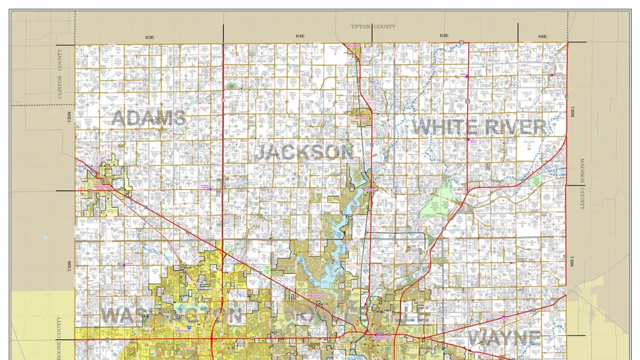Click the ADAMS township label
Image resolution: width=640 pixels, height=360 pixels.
point(148,118)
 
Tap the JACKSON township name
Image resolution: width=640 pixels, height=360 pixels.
point(304,152)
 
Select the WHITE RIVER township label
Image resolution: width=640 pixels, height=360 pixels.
point(479,127)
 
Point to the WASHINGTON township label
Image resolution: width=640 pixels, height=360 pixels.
point(171,315)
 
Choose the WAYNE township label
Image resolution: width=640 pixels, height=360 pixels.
point(504,338)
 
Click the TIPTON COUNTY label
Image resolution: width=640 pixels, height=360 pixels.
point(372,26)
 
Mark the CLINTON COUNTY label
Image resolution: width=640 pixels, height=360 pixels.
point(60,73)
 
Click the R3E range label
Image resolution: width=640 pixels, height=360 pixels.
point(149,37)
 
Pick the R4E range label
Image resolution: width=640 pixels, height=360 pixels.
point(299,36)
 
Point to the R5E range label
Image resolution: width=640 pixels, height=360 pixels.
point(443,36)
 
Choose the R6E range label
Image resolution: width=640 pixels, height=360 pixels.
point(542,36)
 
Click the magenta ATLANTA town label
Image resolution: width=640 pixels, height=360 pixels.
point(353,45)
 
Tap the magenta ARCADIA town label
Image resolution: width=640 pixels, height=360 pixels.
point(361,118)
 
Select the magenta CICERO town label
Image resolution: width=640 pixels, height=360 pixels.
point(370,190)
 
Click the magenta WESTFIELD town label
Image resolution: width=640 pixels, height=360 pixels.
point(182,331)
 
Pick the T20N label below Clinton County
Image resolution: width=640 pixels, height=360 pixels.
point(69,117)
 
